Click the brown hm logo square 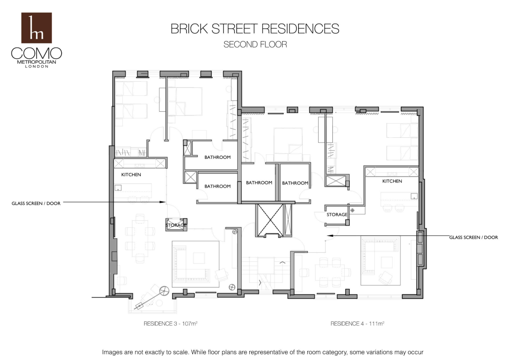[x=37, y=28]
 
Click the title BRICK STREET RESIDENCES [x=255, y=29]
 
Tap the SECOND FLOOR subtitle [x=255, y=45]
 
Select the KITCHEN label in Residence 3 [x=131, y=175]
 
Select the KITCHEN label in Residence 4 [x=392, y=181]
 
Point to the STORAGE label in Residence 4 [x=336, y=215]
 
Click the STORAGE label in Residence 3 [x=176, y=225]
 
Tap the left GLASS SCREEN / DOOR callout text [x=36, y=203]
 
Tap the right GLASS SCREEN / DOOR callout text [x=473, y=238]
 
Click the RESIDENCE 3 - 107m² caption [x=170, y=323]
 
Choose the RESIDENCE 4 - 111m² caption [x=358, y=323]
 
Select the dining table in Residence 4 [x=329, y=272]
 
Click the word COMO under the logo [x=37, y=53]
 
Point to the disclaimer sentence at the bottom [x=263, y=352]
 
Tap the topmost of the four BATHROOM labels [x=217, y=157]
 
